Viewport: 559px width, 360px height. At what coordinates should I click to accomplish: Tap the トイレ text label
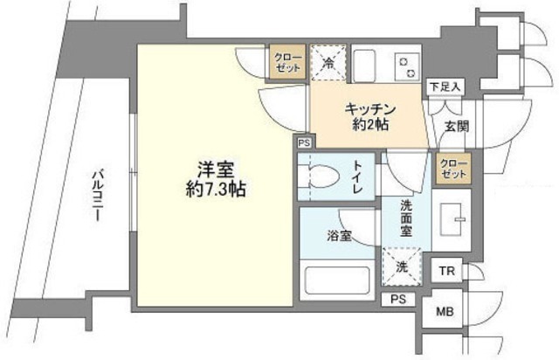(x=360, y=173)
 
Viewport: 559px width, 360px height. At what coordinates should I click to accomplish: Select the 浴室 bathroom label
(x=340, y=236)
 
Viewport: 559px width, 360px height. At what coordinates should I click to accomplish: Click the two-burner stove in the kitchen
(x=407, y=64)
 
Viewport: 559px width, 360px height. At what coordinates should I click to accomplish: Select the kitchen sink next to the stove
(x=365, y=64)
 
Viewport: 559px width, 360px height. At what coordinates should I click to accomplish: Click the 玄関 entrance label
(x=456, y=126)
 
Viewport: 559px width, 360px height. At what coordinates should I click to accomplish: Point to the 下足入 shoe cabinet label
(x=446, y=87)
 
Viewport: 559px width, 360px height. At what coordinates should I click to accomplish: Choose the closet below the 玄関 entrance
(x=452, y=168)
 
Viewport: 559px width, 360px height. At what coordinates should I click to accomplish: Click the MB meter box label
(x=445, y=310)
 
